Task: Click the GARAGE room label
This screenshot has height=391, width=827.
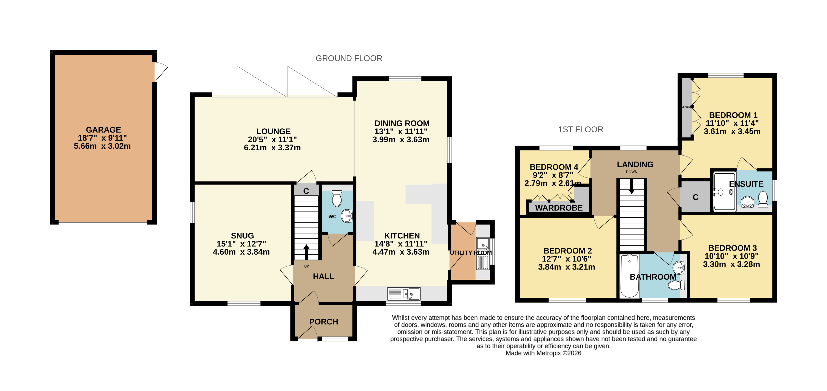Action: (103, 130)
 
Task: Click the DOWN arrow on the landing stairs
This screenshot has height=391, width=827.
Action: (631, 186)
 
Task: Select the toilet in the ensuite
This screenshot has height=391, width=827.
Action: (763, 199)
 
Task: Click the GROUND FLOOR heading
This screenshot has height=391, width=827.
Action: (349, 58)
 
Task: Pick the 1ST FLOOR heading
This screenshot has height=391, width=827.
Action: (580, 129)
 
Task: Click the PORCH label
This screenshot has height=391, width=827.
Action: (324, 322)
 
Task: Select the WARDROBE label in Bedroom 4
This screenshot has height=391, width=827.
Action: (559, 208)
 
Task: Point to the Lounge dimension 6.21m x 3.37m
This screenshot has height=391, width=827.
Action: (272, 148)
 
